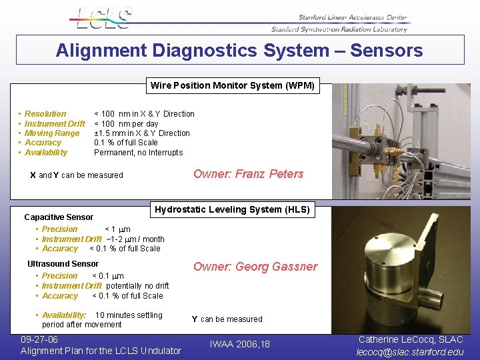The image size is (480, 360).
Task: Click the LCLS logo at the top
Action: coord(103,18)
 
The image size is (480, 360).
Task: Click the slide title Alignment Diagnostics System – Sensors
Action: coord(239,51)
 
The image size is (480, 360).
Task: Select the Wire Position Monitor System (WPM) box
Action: coord(233,85)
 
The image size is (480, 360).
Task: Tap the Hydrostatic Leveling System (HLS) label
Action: coord(233,209)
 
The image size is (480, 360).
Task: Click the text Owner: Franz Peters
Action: coord(248,174)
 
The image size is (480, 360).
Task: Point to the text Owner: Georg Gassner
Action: coord(255,267)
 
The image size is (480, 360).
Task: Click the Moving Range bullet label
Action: coord(52,133)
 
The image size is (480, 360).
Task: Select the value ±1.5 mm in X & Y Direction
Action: coord(142,133)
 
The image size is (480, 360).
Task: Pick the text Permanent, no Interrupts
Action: coord(138,152)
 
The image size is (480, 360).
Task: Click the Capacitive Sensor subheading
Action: coord(59,217)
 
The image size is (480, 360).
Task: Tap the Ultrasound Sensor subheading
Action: coord(63,264)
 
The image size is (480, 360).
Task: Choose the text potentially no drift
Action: coord(137,286)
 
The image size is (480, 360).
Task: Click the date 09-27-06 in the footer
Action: coord(39,339)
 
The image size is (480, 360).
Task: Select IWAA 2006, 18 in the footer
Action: coord(240,344)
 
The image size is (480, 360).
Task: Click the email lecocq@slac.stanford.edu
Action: coord(410,352)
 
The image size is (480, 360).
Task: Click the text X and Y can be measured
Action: coord(77,175)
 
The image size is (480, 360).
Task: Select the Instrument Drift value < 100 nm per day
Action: coord(126,123)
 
